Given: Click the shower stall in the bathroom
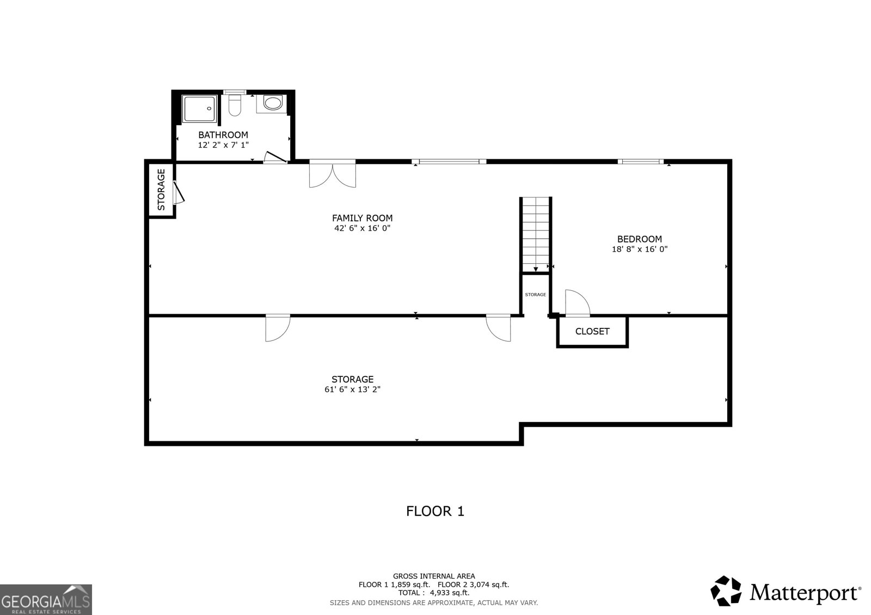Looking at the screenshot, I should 199,109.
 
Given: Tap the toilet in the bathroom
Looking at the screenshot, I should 235,105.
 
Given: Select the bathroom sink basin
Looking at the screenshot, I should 272,103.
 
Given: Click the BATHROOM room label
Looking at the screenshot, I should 223,135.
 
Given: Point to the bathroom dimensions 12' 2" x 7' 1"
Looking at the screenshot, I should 223,145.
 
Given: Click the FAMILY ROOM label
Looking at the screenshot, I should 362,218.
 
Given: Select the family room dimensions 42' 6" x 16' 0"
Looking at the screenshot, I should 362,228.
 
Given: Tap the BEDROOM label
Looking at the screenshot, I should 639,239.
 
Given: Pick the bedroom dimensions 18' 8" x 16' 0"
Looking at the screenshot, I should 639,249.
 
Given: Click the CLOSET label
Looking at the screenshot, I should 592,331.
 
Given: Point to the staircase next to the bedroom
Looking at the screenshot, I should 536,234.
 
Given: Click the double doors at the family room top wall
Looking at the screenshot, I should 333,173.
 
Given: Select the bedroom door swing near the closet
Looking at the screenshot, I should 577,303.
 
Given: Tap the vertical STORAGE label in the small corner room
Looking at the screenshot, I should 161,190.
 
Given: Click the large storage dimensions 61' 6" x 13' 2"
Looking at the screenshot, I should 352,389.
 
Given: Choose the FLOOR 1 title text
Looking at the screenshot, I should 435,511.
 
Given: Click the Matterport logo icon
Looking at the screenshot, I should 726,591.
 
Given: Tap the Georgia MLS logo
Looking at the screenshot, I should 46,599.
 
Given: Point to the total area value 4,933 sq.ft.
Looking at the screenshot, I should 449,593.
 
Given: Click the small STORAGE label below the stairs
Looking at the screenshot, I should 535,295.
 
